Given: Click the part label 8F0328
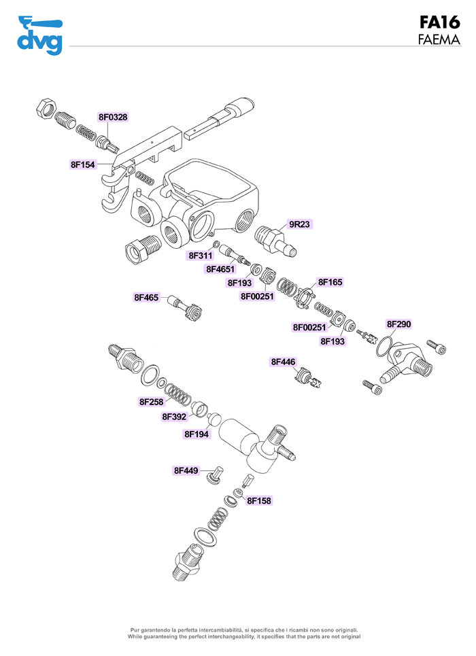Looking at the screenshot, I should click(x=113, y=117).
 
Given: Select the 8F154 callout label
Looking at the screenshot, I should click(x=83, y=165).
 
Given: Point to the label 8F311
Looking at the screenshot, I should click(x=201, y=256).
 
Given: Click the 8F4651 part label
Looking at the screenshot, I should click(x=221, y=269).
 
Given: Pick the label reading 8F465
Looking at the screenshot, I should click(x=146, y=297).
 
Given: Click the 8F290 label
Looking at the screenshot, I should click(x=399, y=324).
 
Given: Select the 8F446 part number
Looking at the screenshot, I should click(x=284, y=362).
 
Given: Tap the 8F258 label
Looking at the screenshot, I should click(x=152, y=402).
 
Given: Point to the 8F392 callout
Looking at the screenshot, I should click(x=175, y=417).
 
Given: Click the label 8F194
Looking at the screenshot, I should click(x=197, y=434).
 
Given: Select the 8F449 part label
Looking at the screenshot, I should click(x=186, y=470).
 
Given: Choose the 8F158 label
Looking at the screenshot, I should click(x=259, y=501).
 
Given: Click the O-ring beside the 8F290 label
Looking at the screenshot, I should click(x=385, y=345).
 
